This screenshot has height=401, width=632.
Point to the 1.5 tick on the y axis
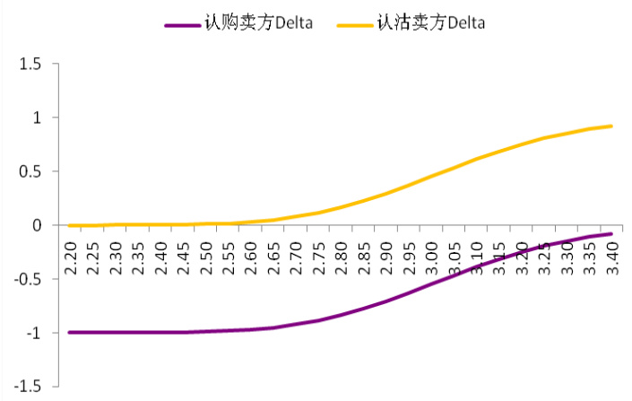coord(32,64)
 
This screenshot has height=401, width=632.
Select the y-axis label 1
coord(38,118)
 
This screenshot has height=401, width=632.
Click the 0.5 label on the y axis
coord(32,171)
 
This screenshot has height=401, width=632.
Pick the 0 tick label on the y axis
coord(38,225)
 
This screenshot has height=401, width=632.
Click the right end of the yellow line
coord(611,126)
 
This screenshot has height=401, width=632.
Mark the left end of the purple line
coord(70,332)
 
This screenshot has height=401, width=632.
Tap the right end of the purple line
coord(611,233)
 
